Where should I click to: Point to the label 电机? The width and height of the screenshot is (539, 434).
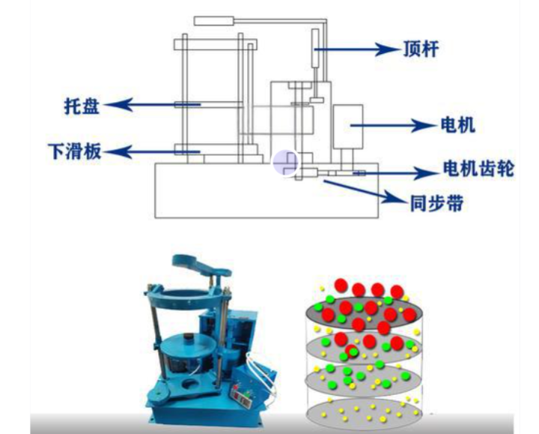(458, 124)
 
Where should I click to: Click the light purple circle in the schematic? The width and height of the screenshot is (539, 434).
(286, 162)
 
